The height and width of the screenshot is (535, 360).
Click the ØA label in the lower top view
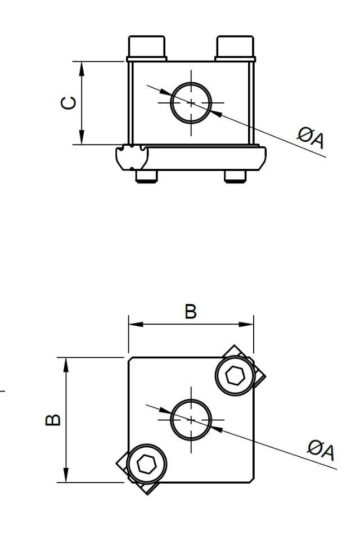click(x=322, y=450)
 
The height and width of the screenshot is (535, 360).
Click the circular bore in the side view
click(x=191, y=102)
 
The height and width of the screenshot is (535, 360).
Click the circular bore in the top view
click(x=191, y=420)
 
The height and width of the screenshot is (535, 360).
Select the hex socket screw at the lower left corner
click(x=147, y=463)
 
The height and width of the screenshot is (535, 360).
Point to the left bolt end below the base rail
click(x=147, y=176)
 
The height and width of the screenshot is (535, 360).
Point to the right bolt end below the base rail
click(x=235, y=176)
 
